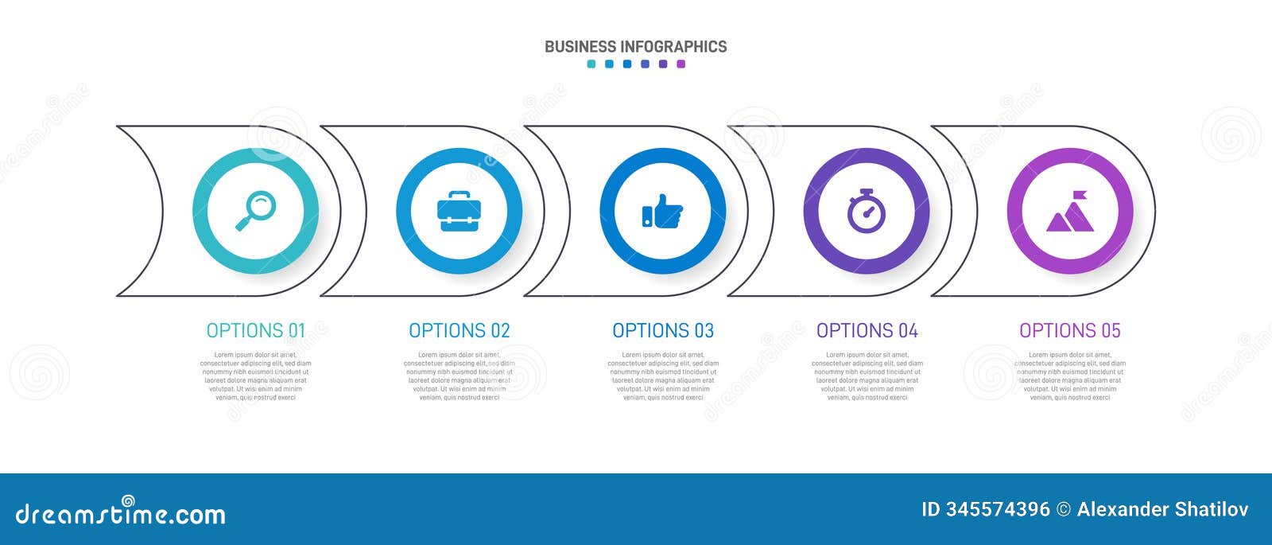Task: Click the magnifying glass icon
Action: [255, 211]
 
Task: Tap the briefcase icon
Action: [459, 212]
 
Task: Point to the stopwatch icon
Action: [866, 212]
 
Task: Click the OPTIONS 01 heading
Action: [255, 330]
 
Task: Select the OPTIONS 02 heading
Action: [459, 330]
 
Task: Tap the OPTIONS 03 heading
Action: [663, 330]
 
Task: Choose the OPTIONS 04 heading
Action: [867, 330]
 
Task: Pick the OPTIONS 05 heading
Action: [1069, 330]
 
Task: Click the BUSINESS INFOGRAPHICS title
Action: [635, 46]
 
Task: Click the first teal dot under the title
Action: [591, 64]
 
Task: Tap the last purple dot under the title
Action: [681, 64]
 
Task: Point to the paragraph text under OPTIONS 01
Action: [255, 376]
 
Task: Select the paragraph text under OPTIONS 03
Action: [663, 376]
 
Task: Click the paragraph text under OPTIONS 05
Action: [1069, 376]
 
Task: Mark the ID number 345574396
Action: [997, 509]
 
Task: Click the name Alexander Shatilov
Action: [1162, 509]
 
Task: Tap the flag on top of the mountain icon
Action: [1080, 195]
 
